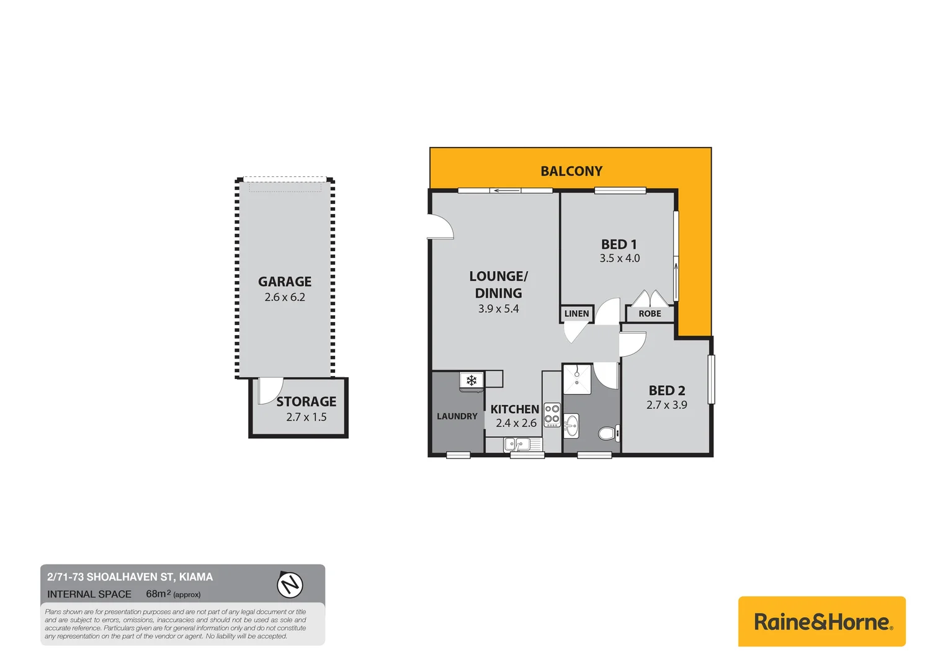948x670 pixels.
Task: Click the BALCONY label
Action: [x=571, y=171]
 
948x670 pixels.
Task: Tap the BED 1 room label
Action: [x=619, y=244]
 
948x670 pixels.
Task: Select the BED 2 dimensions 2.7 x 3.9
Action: [x=666, y=405]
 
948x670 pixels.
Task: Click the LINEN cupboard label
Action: [x=576, y=314]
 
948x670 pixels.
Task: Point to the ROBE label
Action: [x=650, y=314]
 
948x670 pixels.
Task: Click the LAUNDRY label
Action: [x=457, y=416]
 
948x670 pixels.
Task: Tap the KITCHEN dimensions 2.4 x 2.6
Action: [x=516, y=423]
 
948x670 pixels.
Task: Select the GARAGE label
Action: [x=285, y=282]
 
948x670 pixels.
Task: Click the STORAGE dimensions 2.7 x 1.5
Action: [x=306, y=418]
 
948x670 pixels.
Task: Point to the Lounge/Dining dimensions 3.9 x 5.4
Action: [x=498, y=309]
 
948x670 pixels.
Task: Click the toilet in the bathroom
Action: [x=608, y=432]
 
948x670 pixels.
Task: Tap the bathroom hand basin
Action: [x=571, y=426]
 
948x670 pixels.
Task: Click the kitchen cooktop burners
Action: [x=552, y=414]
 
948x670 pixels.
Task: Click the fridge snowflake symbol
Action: [x=472, y=380]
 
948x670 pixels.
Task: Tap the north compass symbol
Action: [x=289, y=584]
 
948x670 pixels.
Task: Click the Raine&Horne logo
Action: [x=821, y=622]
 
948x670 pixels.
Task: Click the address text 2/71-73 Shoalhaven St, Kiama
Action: [x=130, y=577]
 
